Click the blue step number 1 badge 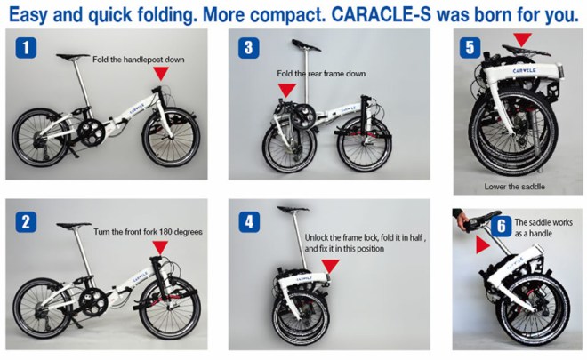click(26, 47)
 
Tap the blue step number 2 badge click(26, 222)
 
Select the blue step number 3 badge click(248, 48)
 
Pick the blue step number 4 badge click(249, 222)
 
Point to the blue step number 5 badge click(470, 47)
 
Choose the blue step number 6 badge click(502, 226)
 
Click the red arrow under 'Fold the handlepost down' click(161, 74)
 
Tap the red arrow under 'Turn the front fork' click(161, 248)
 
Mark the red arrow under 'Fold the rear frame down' click(287, 91)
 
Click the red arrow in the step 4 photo click(331, 267)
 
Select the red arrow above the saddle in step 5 click(523, 40)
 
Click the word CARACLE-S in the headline click(381, 15)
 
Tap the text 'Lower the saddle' click(514, 187)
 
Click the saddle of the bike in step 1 click(73, 57)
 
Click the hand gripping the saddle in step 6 click(462, 220)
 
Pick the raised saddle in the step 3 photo click(306, 45)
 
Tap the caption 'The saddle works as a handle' click(543, 228)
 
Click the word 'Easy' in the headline click(28, 16)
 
